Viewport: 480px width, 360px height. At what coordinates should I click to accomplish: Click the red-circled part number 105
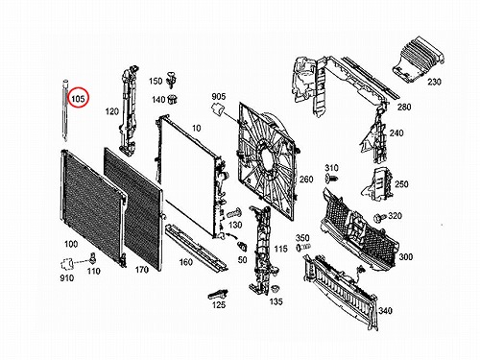(x=78, y=99)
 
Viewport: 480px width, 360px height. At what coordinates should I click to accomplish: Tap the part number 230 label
(x=435, y=82)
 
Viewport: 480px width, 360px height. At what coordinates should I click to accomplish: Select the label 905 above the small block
(x=219, y=96)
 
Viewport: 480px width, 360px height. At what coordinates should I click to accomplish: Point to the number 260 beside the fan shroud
(x=306, y=180)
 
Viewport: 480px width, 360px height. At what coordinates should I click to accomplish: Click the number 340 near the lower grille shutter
(x=385, y=310)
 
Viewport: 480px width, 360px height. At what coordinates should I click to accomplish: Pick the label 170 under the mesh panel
(x=142, y=270)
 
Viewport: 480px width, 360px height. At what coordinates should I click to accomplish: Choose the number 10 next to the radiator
(x=197, y=129)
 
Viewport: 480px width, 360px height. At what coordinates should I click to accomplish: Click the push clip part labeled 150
(x=173, y=80)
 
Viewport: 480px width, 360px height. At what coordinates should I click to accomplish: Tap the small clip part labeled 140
(x=173, y=100)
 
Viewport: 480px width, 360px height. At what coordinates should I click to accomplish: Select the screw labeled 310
(x=332, y=179)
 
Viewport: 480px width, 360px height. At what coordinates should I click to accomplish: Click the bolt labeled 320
(x=380, y=218)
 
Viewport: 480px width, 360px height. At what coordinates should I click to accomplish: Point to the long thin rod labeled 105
(x=65, y=110)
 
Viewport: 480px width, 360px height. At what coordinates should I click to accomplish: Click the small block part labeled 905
(x=218, y=109)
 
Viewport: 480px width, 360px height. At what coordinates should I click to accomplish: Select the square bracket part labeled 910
(x=67, y=264)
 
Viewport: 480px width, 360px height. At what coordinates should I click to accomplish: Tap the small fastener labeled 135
(x=274, y=289)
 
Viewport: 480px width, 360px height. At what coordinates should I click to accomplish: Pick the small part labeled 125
(x=218, y=294)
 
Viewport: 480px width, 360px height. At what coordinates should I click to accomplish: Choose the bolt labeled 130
(x=234, y=213)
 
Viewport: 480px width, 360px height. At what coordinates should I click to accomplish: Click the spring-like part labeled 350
(x=303, y=247)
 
